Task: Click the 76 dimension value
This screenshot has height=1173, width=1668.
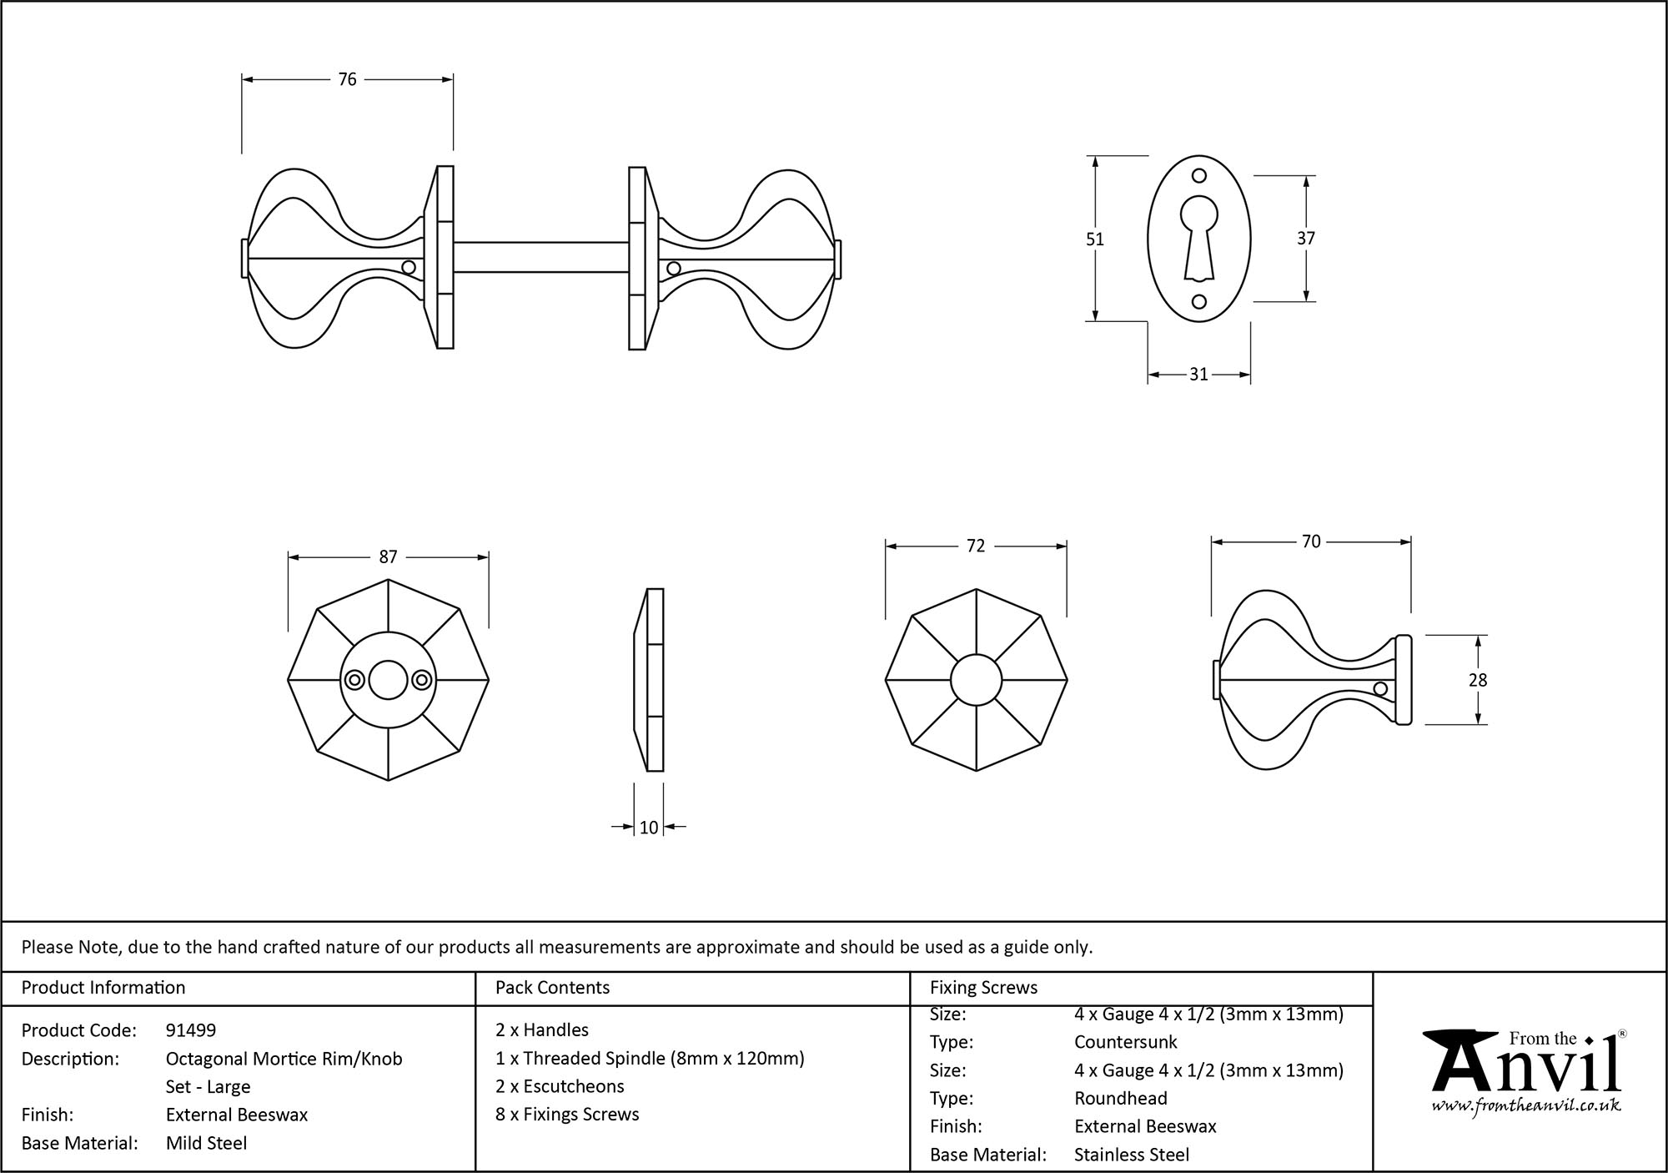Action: (x=347, y=79)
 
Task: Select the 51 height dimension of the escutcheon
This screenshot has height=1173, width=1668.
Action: (x=1094, y=239)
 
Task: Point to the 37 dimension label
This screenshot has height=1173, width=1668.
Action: (x=1306, y=239)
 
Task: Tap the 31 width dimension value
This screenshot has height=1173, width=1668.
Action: (x=1198, y=375)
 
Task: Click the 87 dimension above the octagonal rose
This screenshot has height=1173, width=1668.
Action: (x=388, y=557)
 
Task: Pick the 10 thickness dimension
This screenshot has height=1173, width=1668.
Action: (x=649, y=828)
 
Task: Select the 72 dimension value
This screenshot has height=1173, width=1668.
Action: (x=976, y=546)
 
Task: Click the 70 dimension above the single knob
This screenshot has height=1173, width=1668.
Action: (x=1311, y=542)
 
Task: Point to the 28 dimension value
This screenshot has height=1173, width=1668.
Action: (x=1478, y=681)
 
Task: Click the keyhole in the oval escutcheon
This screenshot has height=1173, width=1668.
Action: (x=1199, y=237)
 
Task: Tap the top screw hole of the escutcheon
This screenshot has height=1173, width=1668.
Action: (x=1199, y=176)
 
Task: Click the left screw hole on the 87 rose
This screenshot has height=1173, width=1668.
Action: (x=354, y=681)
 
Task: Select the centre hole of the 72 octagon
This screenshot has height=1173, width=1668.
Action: (x=976, y=681)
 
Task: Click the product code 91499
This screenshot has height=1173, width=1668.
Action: (x=191, y=1030)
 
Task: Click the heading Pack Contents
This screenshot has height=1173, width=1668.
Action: (x=552, y=988)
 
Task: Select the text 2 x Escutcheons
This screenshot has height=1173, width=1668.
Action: (x=559, y=1086)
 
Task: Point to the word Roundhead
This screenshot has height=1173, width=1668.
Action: (x=1120, y=1099)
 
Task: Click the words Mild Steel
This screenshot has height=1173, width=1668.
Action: (x=206, y=1143)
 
